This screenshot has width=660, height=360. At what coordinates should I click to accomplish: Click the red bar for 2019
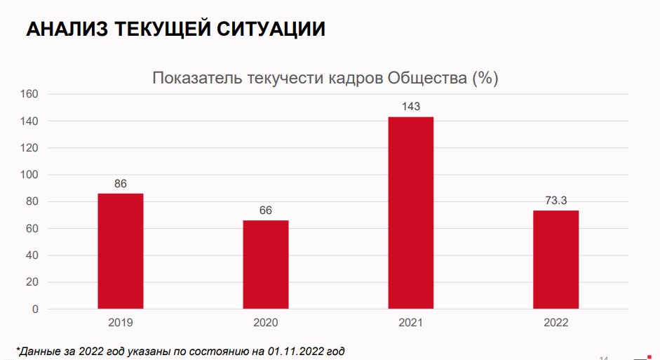tap(121, 251)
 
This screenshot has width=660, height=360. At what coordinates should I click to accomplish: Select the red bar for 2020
tap(266, 264)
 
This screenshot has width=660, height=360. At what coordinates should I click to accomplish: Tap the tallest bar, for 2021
tap(411, 212)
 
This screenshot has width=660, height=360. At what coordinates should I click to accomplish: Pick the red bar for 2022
tap(556, 259)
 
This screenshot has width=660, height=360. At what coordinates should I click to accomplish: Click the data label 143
tap(411, 107)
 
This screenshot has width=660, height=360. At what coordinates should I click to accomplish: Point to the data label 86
tap(121, 184)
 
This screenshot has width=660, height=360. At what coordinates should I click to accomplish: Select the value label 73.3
tap(556, 201)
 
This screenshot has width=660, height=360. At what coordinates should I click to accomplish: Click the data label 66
tap(266, 211)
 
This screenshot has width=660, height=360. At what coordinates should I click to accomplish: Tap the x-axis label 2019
tap(121, 323)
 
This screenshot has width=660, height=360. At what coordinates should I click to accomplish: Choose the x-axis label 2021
tap(411, 323)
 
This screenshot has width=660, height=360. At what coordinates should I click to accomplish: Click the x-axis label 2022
tap(556, 323)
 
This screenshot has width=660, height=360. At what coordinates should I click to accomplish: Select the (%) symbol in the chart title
tap(485, 78)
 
